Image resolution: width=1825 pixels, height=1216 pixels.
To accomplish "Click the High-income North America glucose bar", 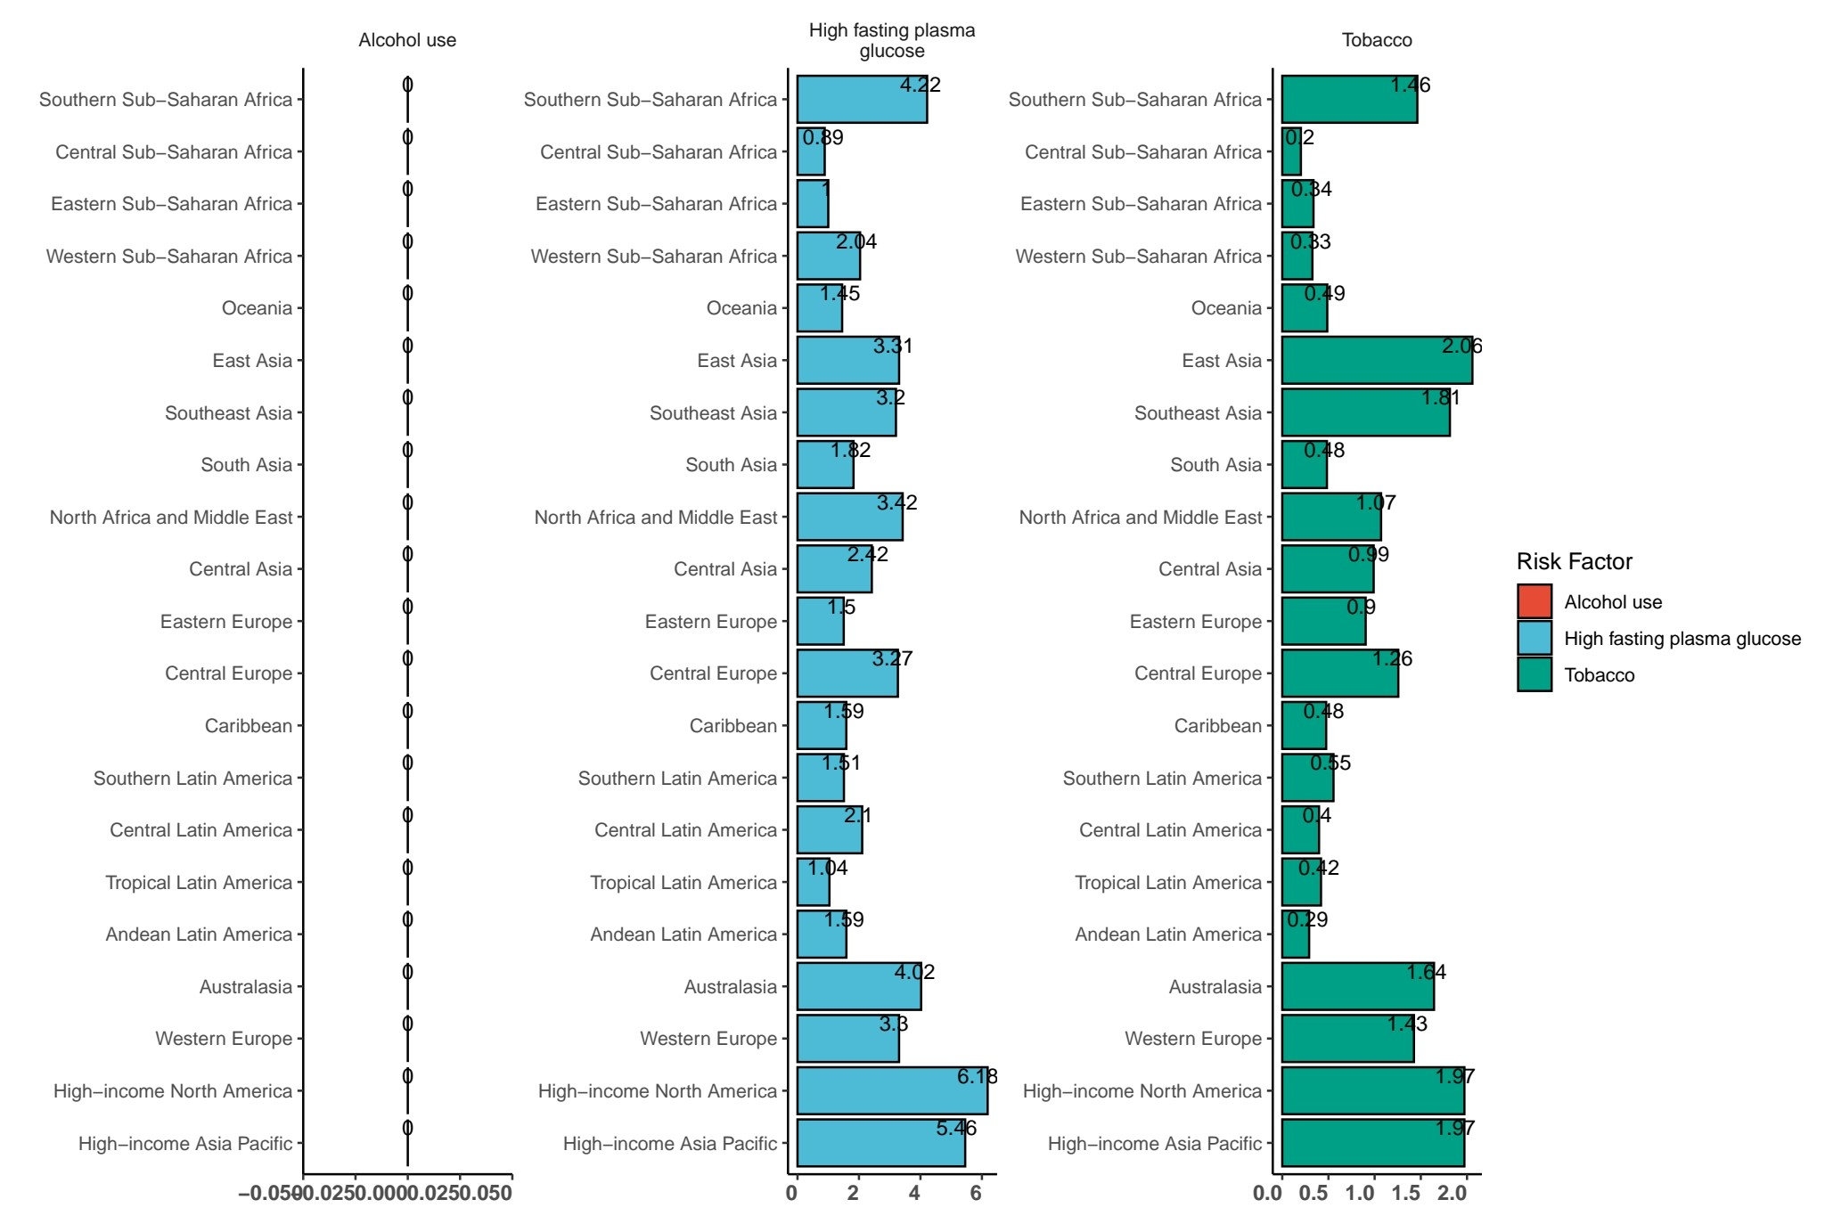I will pos(891,1090).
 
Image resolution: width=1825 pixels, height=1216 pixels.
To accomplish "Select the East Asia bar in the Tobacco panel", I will pos(1377,360).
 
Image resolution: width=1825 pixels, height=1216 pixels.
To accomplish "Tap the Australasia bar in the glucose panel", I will pos(858,986).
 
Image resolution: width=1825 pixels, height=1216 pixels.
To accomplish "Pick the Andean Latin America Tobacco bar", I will pos(1295,934).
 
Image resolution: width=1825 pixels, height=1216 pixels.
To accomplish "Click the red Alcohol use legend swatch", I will pos(1534,601).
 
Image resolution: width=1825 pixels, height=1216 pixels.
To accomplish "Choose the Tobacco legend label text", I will pos(1600,675).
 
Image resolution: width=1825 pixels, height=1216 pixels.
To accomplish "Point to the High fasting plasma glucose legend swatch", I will pos(1534,638).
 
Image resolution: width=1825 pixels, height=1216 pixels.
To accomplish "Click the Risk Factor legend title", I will pos(1575,561).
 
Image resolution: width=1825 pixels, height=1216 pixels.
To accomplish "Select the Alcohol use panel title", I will pos(407,40).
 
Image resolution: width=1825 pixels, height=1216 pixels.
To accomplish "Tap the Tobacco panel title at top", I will pos(1377,40).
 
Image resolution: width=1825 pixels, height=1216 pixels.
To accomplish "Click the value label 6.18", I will pos(977,1076).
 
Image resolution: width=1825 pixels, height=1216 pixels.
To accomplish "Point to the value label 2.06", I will pos(1462,346).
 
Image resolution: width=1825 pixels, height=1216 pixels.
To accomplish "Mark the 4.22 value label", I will pos(920,85).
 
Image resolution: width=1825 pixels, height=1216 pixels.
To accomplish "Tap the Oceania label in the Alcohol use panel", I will pos(257,308).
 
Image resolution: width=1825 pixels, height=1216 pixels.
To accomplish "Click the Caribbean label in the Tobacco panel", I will pos(1217,726).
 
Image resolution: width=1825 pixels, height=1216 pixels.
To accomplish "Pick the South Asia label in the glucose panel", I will pos(731,465).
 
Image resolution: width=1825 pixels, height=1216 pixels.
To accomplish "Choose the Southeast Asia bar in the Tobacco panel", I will pos(1365,412).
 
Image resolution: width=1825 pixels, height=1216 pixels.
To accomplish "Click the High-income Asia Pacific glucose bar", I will pos(880,1143).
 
